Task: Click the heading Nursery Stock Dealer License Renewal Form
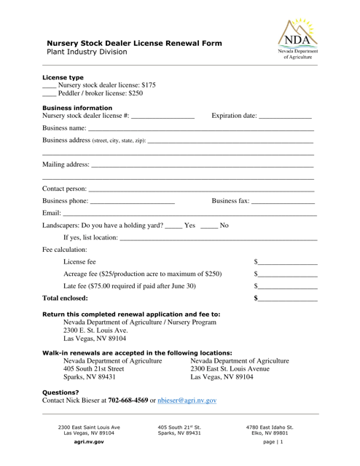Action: pyautogui.click(x=130, y=43)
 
